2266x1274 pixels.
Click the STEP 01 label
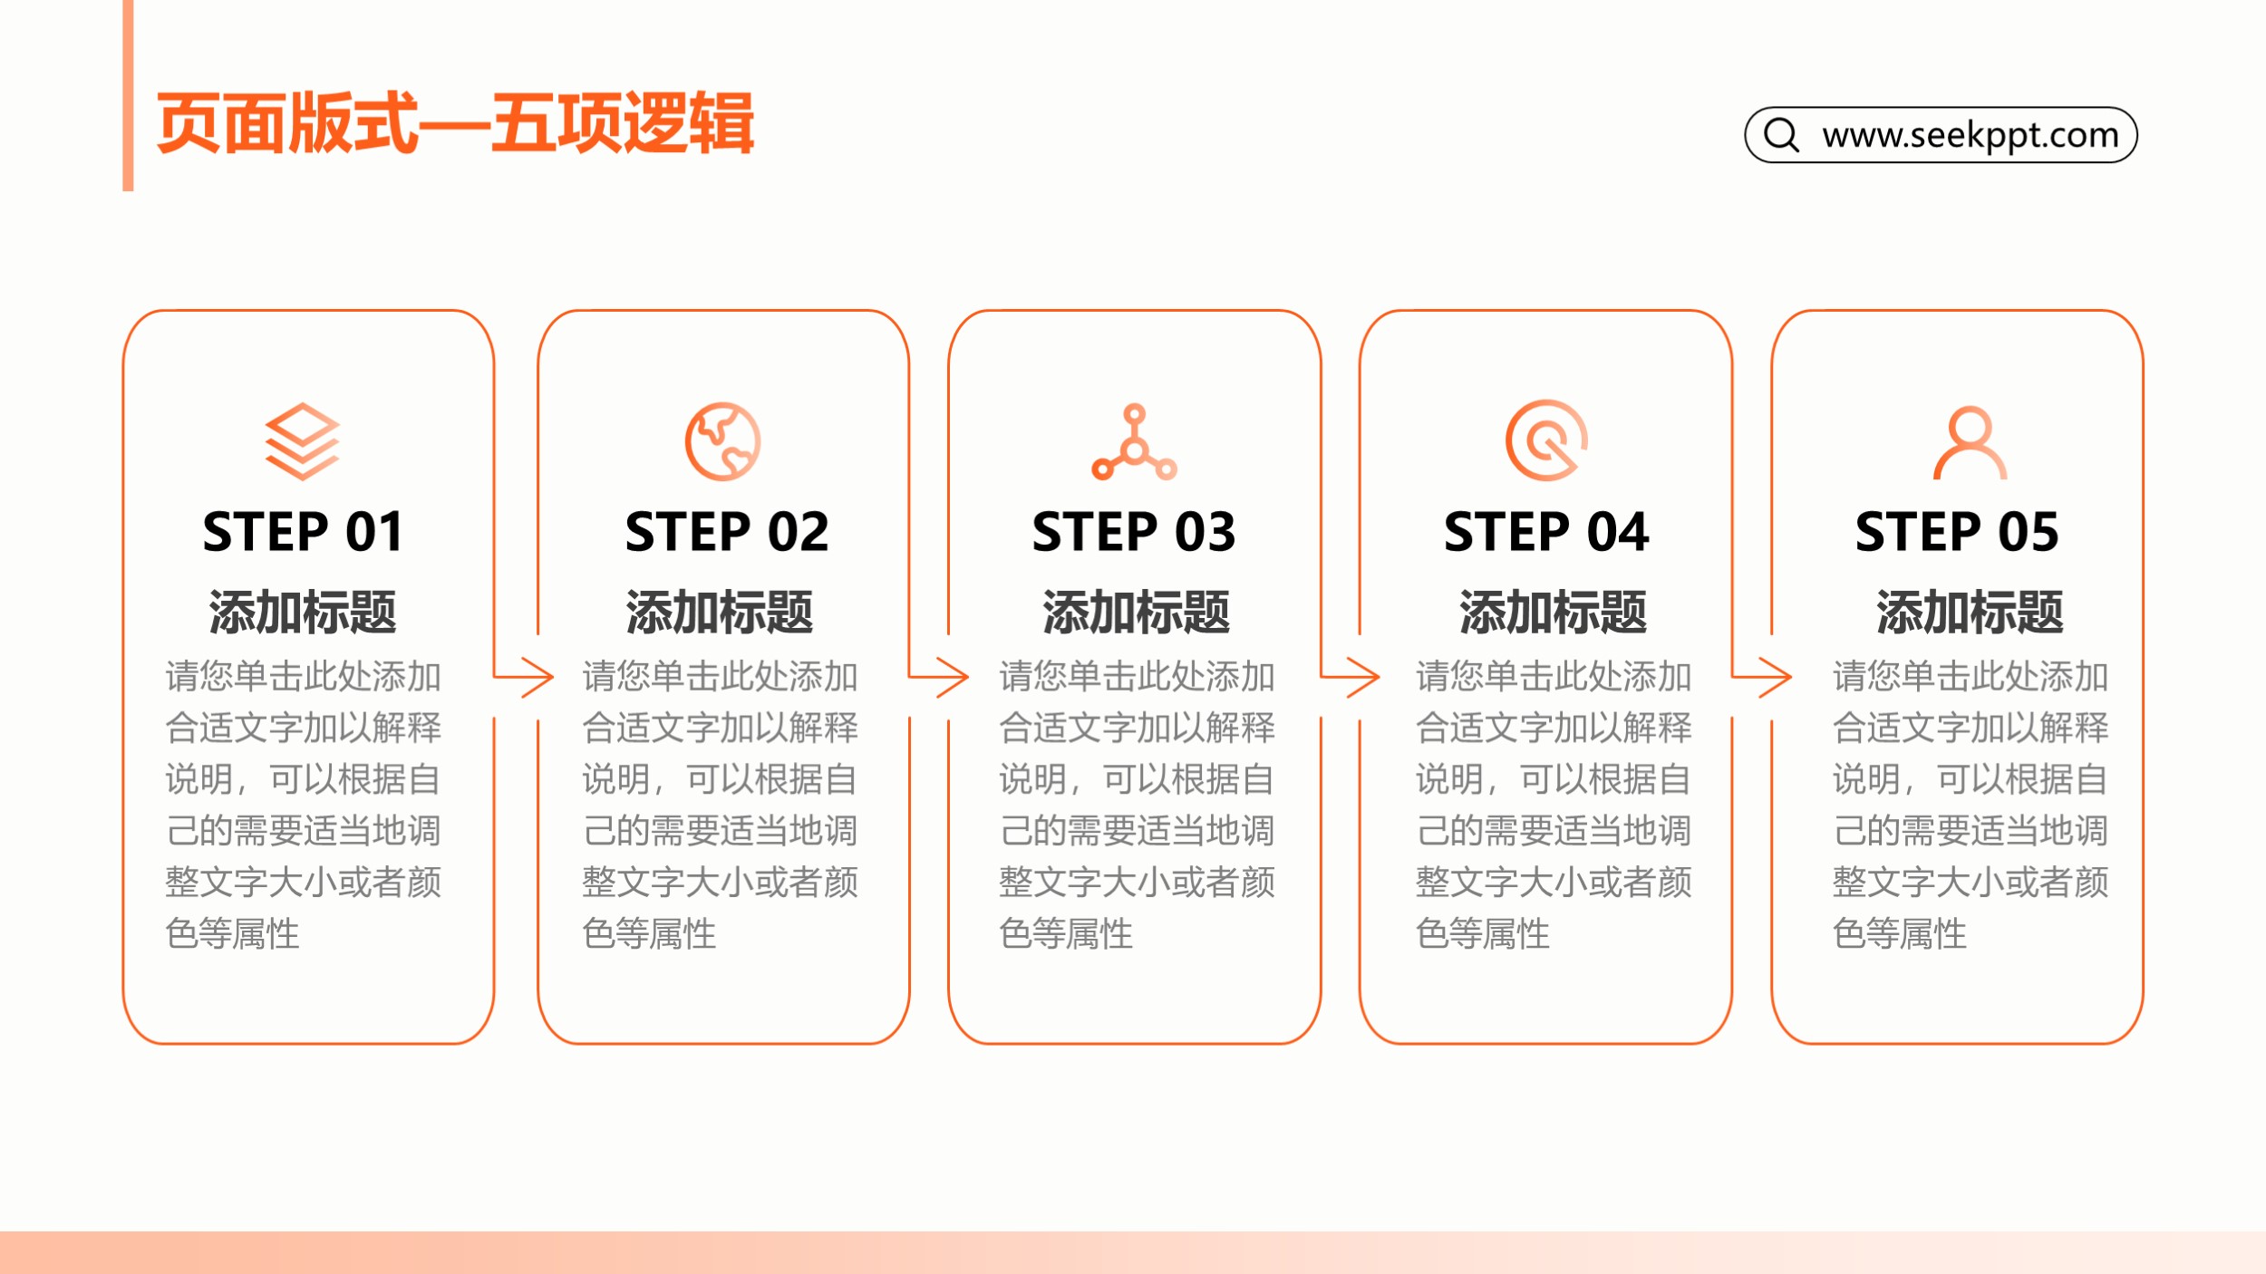[x=303, y=532]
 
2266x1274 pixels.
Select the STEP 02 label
[x=726, y=532]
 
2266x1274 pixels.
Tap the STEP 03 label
[x=1133, y=532]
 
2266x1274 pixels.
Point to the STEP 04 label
[x=1546, y=532]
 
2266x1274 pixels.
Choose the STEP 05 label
[x=1957, y=532]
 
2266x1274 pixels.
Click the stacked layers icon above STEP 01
[x=302, y=441]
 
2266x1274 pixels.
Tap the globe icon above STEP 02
[x=722, y=441]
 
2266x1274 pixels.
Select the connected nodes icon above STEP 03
[x=1134, y=442]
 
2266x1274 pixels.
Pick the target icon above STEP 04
[x=1546, y=440]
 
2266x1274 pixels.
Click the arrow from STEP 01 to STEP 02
[x=527, y=677]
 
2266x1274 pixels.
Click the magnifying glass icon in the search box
[x=1781, y=135]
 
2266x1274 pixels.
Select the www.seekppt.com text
[x=1971, y=135]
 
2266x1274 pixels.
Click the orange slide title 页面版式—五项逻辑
[x=455, y=123]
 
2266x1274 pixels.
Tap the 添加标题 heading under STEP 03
[x=1136, y=612]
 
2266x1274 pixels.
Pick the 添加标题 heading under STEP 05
[x=1969, y=612]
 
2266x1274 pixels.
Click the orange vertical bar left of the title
[x=128, y=95]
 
